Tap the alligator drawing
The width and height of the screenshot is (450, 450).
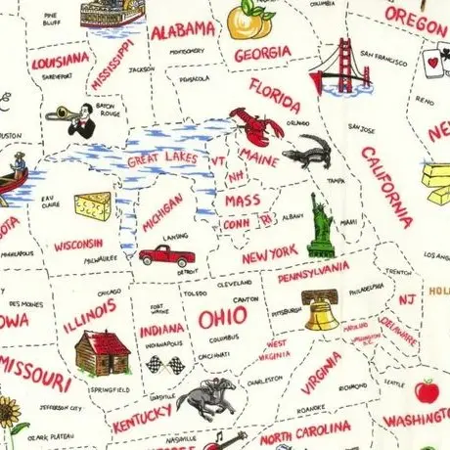click(307, 152)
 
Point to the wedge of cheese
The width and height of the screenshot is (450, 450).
click(93, 205)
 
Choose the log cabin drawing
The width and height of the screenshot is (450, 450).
click(101, 352)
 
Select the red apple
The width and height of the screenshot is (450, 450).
click(426, 391)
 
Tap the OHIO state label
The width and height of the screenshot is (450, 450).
click(222, 320)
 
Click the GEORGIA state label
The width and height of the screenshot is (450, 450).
click(261, 54)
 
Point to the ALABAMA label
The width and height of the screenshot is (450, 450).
click(182, 28)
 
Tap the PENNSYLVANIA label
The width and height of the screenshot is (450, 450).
click(313, 270)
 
